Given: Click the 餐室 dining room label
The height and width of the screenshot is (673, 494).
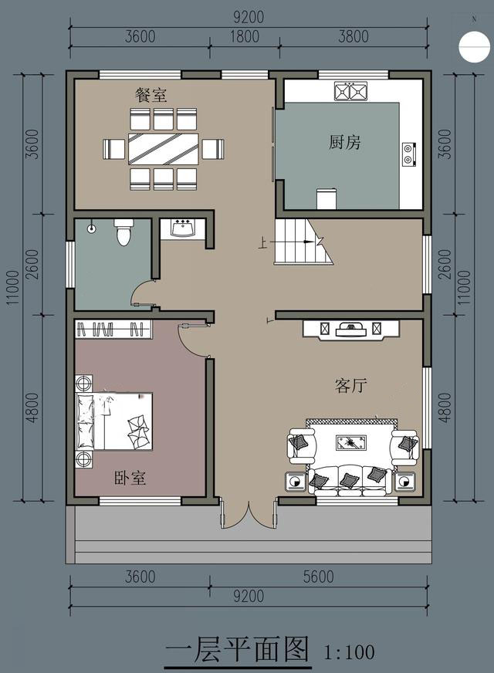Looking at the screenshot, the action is (x=151, y=95).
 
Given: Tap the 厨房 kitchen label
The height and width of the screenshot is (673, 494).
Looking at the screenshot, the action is (x=344, y=142).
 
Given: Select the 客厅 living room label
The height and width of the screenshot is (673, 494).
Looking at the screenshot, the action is (x=350, y=385).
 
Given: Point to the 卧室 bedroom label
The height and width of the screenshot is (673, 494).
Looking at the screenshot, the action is (x=130, y=478).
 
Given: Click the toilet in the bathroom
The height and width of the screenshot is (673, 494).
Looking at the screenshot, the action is (x=123, y=232).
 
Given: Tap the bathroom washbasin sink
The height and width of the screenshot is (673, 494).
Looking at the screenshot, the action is (x=183, y=228).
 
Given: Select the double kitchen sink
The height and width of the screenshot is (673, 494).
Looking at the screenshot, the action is (x=351, y=91).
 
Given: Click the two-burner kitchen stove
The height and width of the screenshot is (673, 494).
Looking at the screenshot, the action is (x=409, y=154).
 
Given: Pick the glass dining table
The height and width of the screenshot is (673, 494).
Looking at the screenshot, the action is (x=164, y=149).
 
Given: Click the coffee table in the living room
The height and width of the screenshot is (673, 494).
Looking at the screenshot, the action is (x=351, y=442).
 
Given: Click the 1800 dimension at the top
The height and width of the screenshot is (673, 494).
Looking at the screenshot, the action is (x=245, y=36).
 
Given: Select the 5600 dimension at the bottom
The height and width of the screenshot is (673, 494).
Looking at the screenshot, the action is (x=319, y=577).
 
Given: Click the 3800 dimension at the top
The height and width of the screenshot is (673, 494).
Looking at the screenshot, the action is (x=354, y=36).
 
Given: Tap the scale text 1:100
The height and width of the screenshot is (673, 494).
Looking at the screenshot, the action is (x=349, y=652).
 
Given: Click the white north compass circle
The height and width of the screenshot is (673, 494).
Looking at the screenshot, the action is (x=474, y=46).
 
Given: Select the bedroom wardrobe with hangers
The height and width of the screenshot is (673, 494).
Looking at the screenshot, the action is (x=113, y=330).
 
